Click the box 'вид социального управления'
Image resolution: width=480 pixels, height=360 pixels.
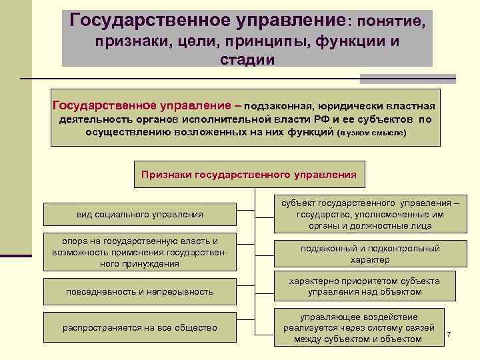(x=139, y=214)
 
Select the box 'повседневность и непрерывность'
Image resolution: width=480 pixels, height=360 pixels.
(x=139, y=291)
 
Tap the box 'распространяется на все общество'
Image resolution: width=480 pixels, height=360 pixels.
(x=139, y=327)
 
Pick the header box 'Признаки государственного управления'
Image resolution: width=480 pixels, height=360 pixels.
(x=249, y=175)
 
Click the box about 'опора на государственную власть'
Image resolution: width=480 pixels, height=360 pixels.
(x=139, y=252)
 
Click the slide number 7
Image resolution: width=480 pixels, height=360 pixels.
(x=449, y=333)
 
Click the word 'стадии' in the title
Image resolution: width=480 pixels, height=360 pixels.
(x=247, y=60)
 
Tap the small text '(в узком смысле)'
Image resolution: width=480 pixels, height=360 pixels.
(x=371, y=133)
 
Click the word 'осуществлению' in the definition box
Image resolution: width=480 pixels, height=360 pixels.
(x=124, y=132)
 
